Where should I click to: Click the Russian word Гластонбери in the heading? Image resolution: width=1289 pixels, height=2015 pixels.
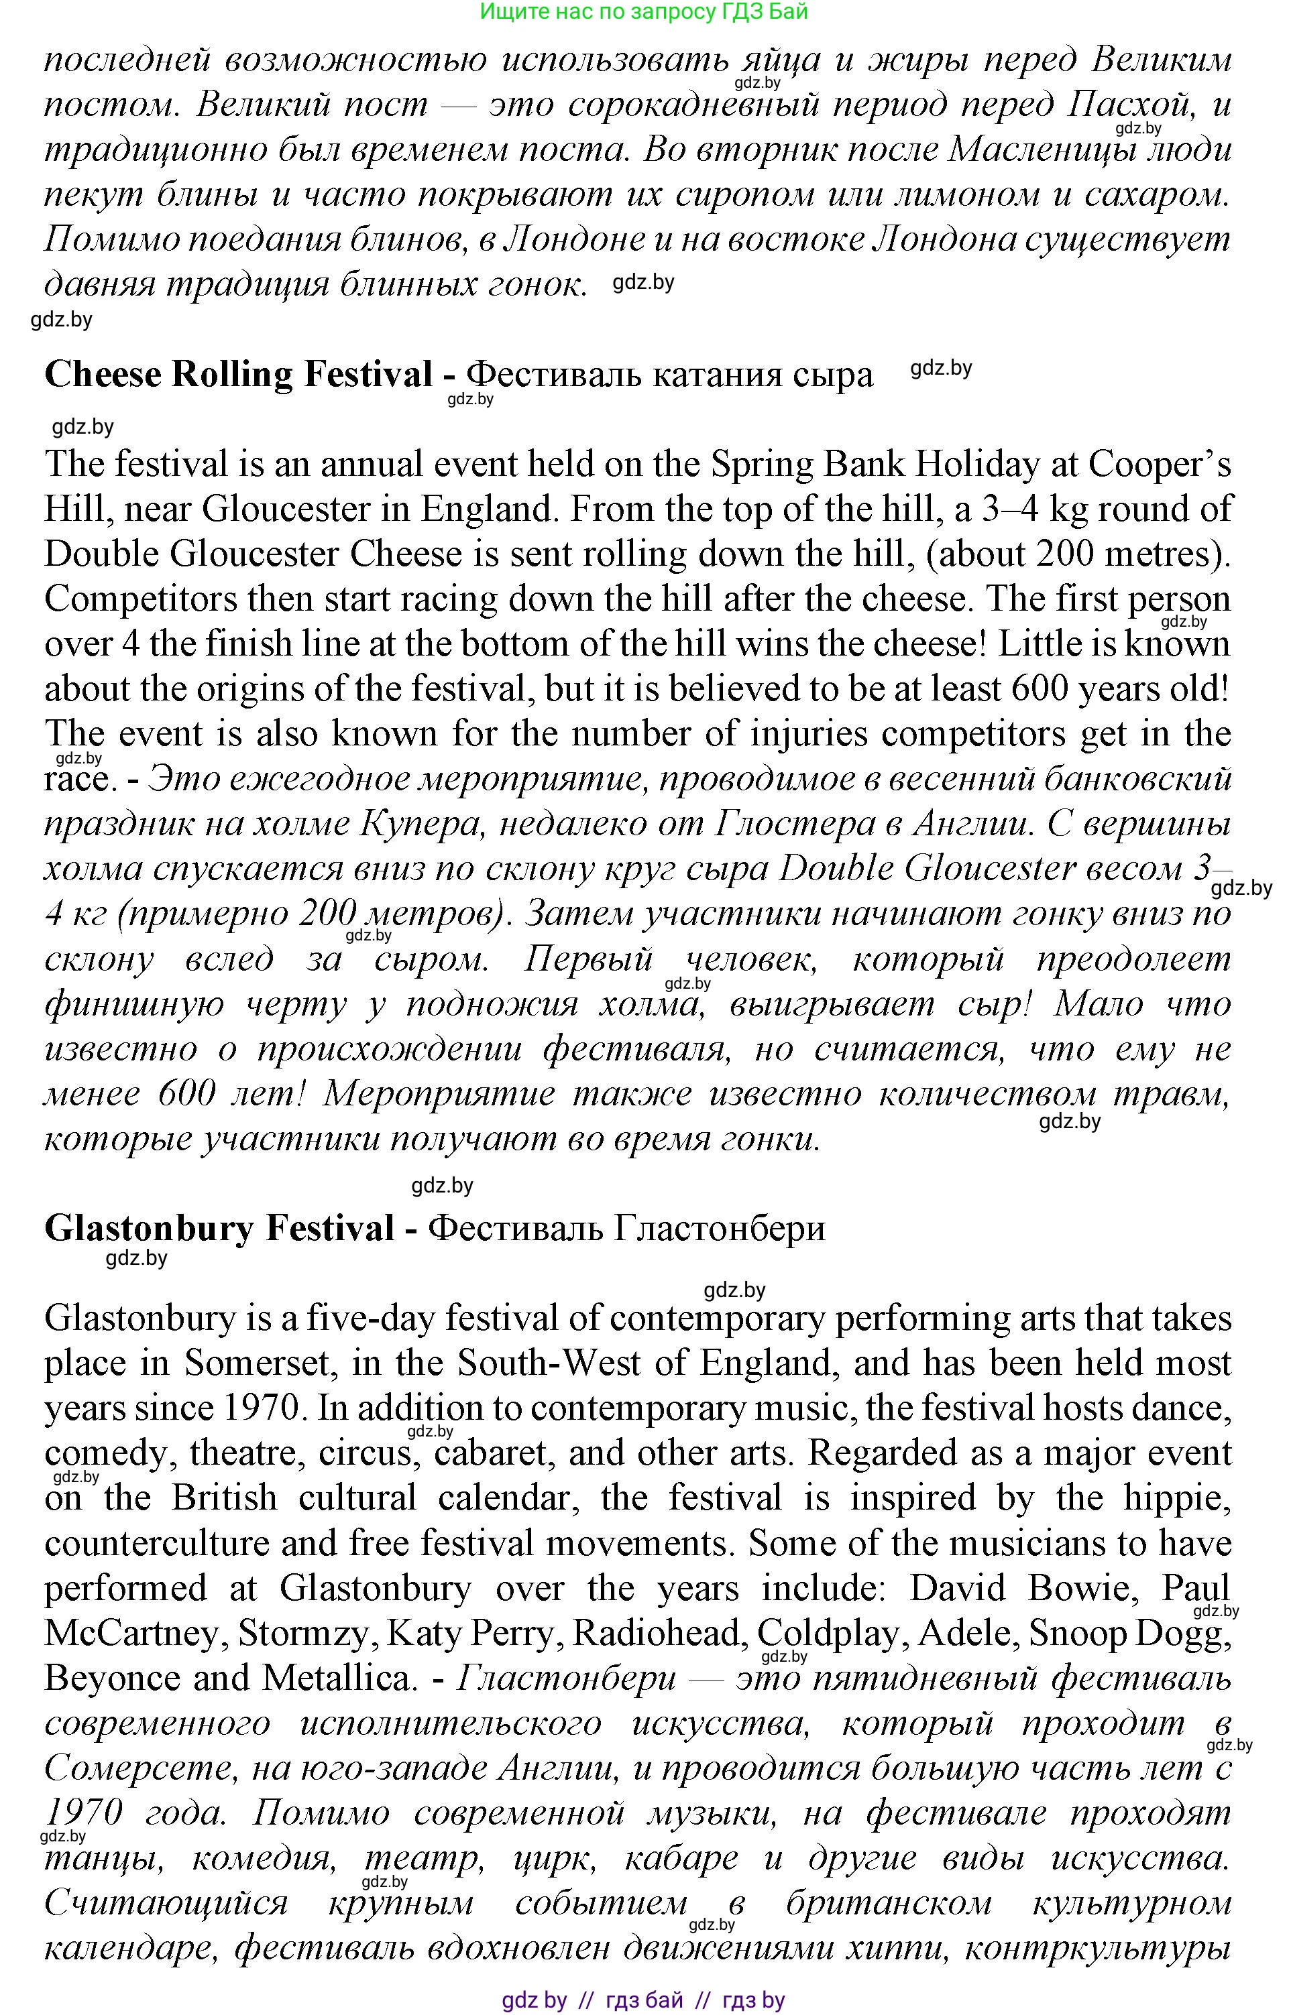tap(719, 1229)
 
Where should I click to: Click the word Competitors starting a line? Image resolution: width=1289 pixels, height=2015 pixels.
tap(143, 599)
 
